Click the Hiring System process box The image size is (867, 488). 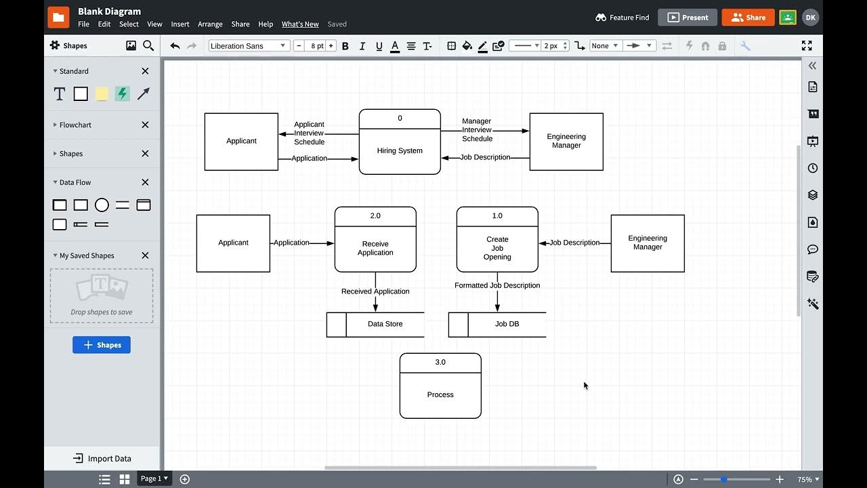click(x=400, y=150)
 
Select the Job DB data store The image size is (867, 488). click(x=507, y=324)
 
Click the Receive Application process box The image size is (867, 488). click(x=375, y=248)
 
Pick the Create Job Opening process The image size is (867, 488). click(x=497, y=248)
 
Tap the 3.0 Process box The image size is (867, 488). click(x=440, y=394)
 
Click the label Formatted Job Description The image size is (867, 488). click(x=497, y=285)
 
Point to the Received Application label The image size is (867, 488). click(x=375, y=291)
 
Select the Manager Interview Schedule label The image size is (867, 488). click(x=477, y=129)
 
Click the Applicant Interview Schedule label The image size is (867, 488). click(x=309, y=133)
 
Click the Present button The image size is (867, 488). click(x=688, y=18)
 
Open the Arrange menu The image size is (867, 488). click(x=210, y=24)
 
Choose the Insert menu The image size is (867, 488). click(x=180, y=24)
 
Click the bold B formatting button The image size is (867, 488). click(x=345, y=46)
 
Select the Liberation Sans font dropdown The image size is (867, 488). click(x=249, y=46)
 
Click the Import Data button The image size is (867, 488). click(x=102, y=458)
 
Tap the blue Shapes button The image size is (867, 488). click(x=102, y=345)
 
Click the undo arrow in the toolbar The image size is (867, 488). click(x=175, y=46)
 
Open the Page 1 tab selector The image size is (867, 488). click(x=154, y=479)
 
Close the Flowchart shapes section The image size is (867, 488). click(x=145, y=125)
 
